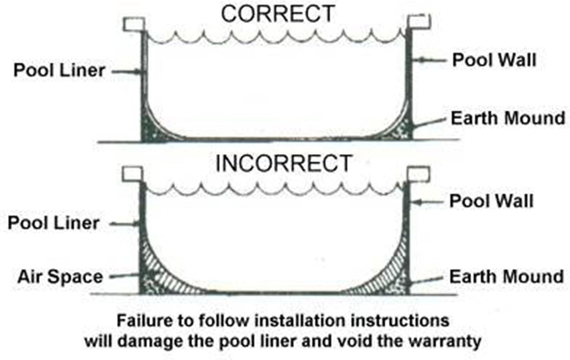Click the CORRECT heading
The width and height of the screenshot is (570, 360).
[278, 14]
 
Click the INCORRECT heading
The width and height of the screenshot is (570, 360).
[284, 163]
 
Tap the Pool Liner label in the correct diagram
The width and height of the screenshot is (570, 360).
[59, 70]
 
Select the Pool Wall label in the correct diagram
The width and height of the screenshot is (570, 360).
[494, 60]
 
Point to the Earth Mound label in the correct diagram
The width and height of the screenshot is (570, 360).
[508, 118]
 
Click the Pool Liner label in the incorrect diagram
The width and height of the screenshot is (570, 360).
[54, 223]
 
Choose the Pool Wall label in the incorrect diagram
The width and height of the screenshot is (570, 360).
[491, 201]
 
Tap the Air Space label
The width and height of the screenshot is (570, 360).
[60, 277]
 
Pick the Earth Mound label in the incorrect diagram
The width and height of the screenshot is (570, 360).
[507, 277]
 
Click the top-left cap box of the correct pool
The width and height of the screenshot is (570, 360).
[134, 24]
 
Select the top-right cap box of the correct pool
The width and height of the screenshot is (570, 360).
[419, 21]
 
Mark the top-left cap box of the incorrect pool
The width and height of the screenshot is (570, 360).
[132, 174]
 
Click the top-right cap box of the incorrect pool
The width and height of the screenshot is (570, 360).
[418, 174]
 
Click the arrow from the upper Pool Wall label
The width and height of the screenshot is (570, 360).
[429, 60]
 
